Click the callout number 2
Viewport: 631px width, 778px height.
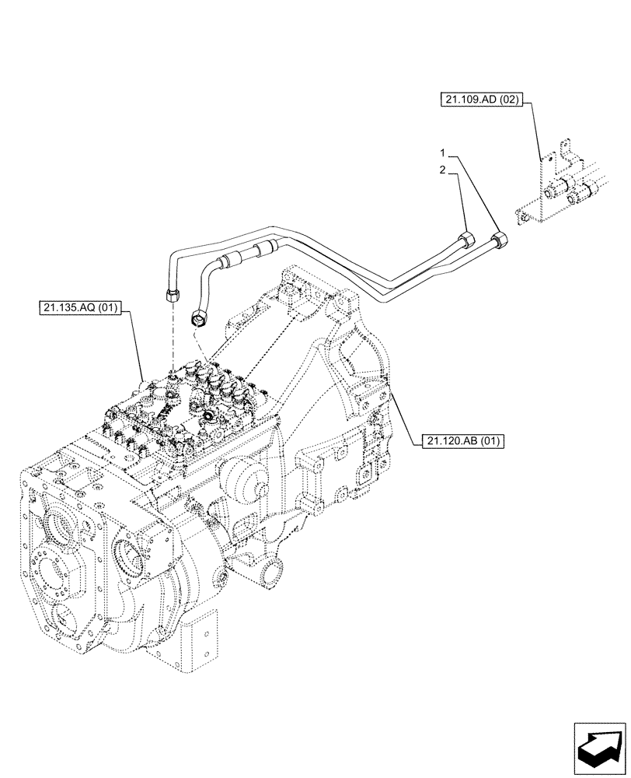[x=441, y=170]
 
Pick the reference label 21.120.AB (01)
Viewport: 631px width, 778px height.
[x=464, y=441]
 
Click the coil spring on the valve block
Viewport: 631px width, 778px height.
[x=165, y=409]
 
